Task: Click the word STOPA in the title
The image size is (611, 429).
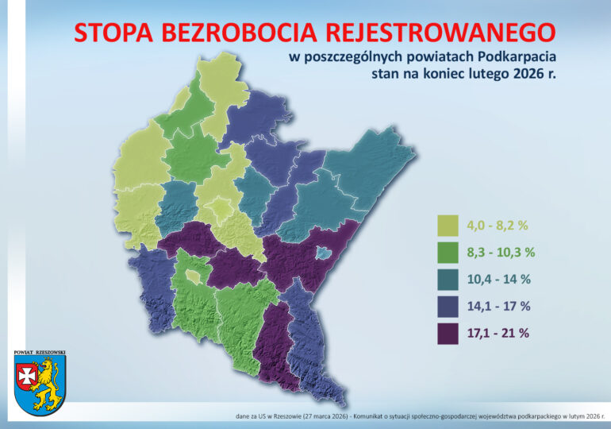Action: [113, 32]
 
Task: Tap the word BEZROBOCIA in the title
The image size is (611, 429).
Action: [240, 32]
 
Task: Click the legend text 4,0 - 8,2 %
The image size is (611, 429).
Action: [498, 226]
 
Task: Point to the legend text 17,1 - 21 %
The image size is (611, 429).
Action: [499, 333]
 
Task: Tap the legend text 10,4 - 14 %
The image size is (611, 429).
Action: [498, 279]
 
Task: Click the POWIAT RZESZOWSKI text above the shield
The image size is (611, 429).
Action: [40, 350]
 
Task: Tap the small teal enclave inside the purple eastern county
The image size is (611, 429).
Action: [323, 253]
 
